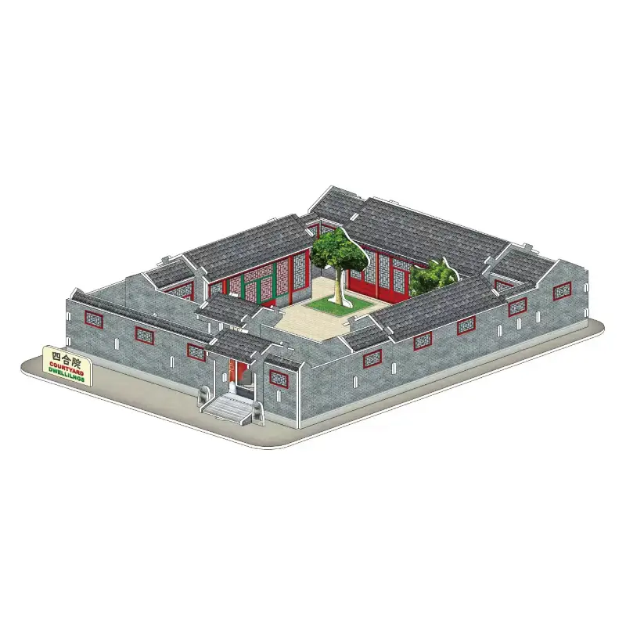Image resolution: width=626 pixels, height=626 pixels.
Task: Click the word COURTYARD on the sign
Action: [67, 367]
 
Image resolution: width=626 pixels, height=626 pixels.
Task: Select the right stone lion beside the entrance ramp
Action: [257, 412]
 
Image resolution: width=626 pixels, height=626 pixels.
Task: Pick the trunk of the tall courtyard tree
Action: [339, 286]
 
